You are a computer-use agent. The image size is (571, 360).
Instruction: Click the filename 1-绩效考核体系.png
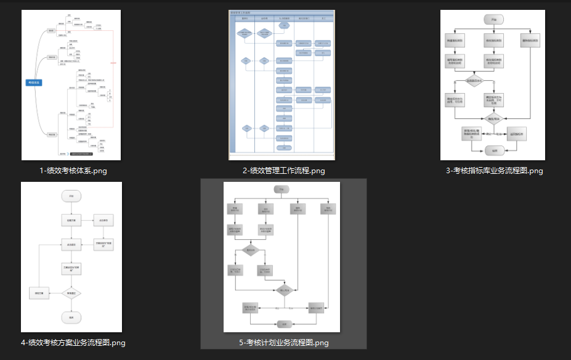(73, 171)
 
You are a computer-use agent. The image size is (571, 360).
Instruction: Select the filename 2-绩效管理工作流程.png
(283, 171)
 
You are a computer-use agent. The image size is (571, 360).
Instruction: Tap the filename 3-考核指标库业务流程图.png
(494, 171)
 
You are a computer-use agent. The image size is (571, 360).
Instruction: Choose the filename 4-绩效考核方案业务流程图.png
(73, 343)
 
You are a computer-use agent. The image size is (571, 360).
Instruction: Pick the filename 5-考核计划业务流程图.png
(283, 343)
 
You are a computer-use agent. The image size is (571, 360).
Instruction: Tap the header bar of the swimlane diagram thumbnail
(281, 12)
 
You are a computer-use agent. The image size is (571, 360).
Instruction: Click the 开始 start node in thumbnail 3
(493, 19)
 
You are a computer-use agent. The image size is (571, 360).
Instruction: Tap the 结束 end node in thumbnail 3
(493, 150)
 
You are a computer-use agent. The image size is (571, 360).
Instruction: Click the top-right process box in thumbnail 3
(530, 41)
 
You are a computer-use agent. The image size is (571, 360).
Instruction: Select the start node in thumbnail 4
(71, 197)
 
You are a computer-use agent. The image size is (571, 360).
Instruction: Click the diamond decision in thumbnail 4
(71, 294)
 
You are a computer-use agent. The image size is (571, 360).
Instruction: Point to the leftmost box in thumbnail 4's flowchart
(39, 293)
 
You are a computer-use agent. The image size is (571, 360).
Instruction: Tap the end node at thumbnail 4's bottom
(71, 318)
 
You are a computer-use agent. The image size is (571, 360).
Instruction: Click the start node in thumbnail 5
(281, 189)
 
